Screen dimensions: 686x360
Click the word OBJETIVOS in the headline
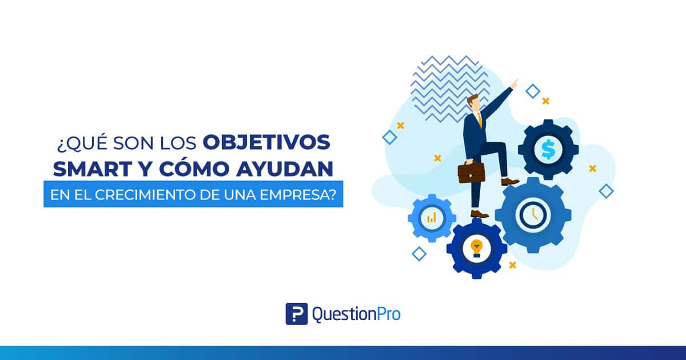pos(266,142)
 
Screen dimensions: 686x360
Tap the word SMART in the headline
pos(93,169)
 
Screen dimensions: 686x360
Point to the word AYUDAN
pos(285,169)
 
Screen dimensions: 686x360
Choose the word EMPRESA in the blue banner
pos(294,195)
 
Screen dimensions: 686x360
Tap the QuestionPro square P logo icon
pos(297,314)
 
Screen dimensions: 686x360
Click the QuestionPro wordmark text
pos(356,314)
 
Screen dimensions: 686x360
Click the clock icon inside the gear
pos(533,214)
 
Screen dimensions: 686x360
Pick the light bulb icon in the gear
pos(477,248)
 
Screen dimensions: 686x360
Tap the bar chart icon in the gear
pos(432,218)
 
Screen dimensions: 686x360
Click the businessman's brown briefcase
pos(471,173)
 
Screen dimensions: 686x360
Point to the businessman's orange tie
pos(480,119)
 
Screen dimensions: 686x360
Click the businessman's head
pos(473,103)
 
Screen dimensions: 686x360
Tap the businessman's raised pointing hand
pos(515,83)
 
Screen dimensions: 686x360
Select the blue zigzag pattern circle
pos(450,89)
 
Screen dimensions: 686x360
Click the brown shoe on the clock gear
pos(509,181)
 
